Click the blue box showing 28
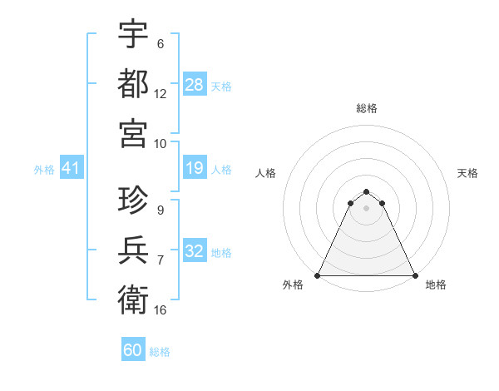tap(194, 85)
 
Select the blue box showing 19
tap(194, 169)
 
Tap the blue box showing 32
tap(194, 252)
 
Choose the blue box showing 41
tap(72, 169)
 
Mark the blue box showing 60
tap(133, 350)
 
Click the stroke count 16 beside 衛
tap(161, 310)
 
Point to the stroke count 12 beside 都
tap(161, 94)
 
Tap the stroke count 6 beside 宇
tap(161, 44)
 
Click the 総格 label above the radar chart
tap(367, 108)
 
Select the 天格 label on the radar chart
tap(468, 173)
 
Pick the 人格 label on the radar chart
tap(266, 173)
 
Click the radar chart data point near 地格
tap(414, 275)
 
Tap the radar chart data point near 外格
tap(319, 275)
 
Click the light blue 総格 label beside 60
tap(160, 352)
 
